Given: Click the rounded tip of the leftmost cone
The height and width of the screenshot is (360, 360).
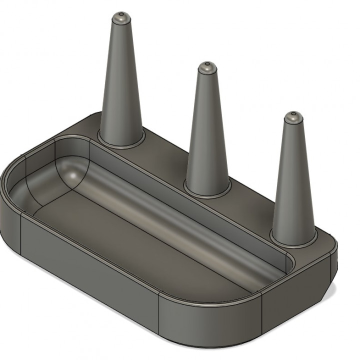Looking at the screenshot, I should point(121,17).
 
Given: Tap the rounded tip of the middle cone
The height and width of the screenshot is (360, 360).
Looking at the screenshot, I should point(206,67).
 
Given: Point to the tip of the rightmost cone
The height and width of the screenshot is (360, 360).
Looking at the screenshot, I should point(292,117).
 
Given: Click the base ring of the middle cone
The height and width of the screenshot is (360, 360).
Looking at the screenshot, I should point(207,189).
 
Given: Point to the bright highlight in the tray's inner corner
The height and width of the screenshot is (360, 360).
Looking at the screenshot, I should point(73,175).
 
